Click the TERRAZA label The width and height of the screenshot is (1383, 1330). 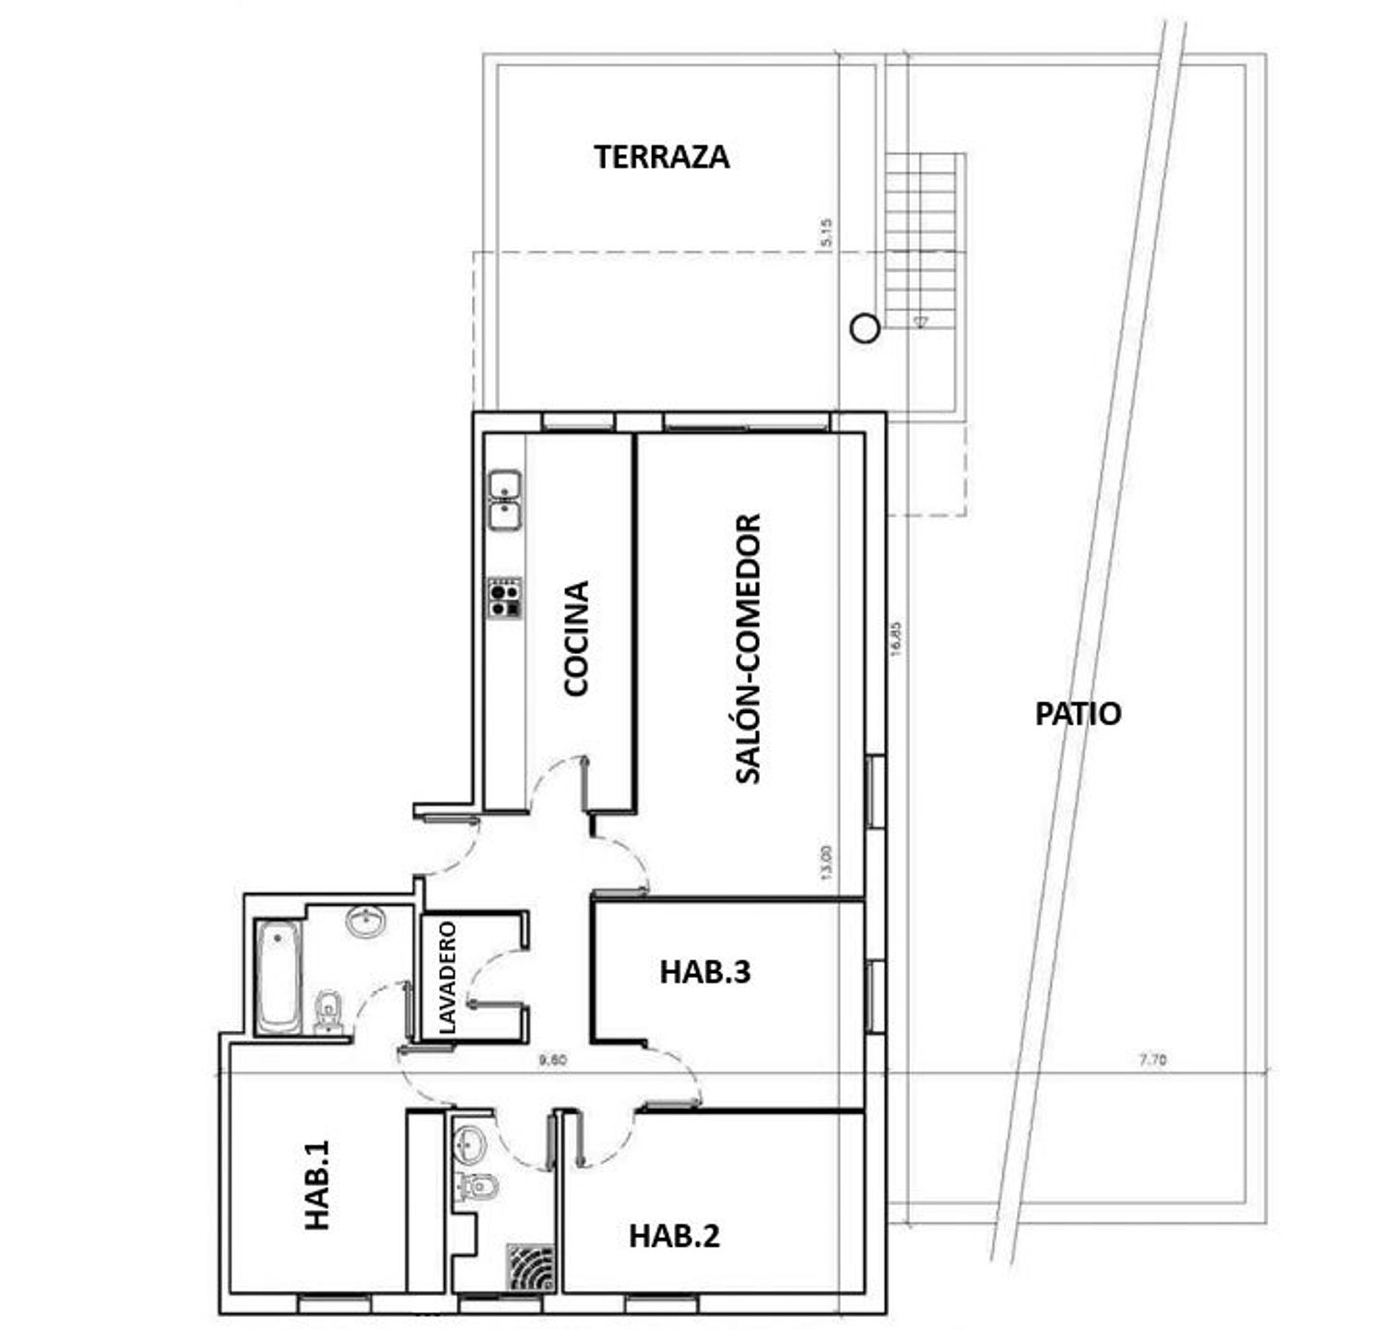click(x=661, y=157)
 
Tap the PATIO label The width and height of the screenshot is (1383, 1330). click(x=1078, y=714)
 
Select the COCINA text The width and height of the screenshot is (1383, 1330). click(x=576, y=637)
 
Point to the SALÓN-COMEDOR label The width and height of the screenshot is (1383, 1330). click(x=749, y=648)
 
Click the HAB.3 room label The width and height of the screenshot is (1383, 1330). click(x=704, y=972)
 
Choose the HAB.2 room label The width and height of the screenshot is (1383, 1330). click(x=674, y=1235)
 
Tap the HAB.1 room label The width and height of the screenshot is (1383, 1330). click(x=317, y=1185)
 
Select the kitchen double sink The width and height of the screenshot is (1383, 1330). click(x=504, y=500)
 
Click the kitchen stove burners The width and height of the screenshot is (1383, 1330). click(x=504, y=598)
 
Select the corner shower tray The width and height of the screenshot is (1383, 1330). click(x=531, y=1269)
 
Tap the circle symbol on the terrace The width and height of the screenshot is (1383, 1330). click(x=863, y=328)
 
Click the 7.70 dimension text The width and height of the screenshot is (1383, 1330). click(x=1152, y=1061)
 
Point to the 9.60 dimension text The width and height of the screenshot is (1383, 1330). click(x=552, y=1061)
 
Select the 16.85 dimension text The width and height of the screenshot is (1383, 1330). click(x=897, y=637)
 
